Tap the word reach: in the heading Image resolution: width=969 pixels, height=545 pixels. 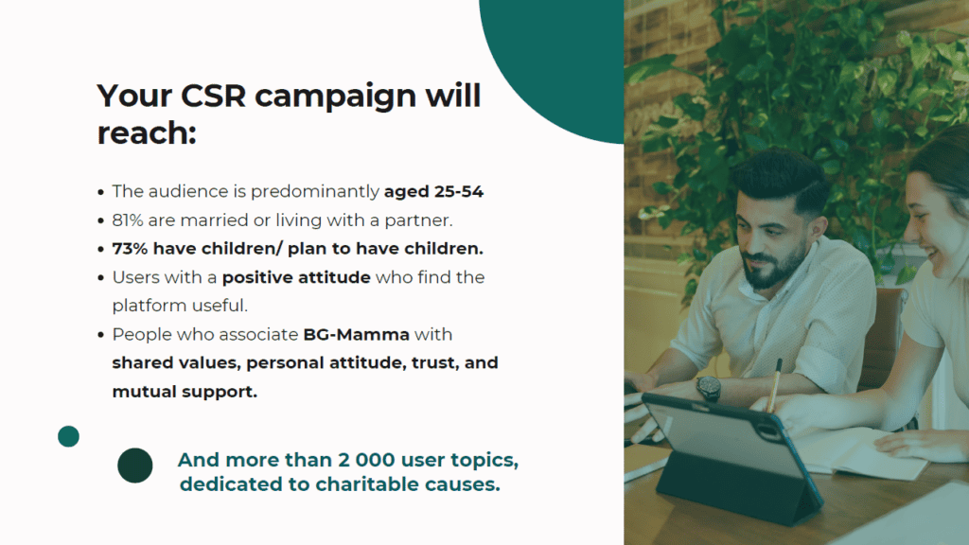[147, 132]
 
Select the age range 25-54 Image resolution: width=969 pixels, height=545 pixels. [459, 191]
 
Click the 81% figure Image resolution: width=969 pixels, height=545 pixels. [128, 220]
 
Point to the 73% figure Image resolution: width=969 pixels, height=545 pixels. [130, 249]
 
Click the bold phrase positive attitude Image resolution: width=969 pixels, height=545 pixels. [296, 277]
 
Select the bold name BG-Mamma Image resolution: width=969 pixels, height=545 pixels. [356, 334]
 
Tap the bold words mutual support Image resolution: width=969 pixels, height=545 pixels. [185, 392]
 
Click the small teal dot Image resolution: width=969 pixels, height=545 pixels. [68, 436]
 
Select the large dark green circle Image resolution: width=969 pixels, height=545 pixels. [134, 466]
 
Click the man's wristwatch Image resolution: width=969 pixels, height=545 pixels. [709, 388]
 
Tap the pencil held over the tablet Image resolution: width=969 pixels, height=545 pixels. [774, 385]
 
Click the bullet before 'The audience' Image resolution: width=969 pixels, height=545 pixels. [100, 193]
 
